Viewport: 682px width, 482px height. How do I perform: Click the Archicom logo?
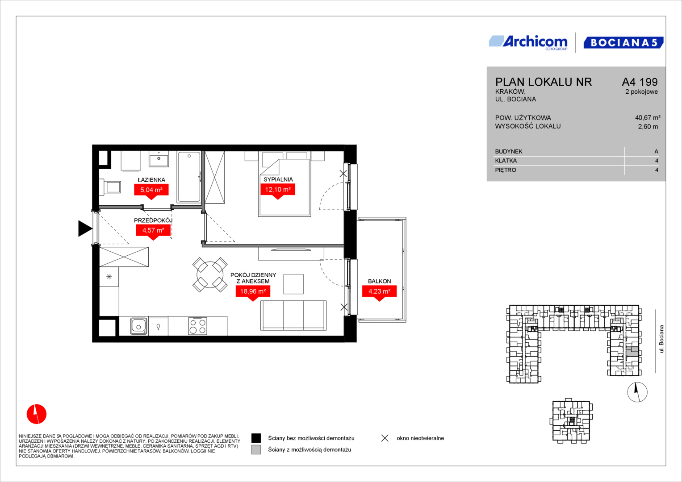pos(528,43)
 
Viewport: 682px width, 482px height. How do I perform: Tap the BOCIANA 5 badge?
pos(623,42)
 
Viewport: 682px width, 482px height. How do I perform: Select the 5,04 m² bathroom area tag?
pos(151,191)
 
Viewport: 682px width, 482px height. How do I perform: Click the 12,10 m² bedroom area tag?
pos(278,191)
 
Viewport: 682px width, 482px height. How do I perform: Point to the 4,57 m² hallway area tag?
pos(153,232)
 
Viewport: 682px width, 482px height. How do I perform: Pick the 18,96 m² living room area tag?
pos(253,293)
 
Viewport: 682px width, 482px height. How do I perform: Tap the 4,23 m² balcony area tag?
pos(379,293)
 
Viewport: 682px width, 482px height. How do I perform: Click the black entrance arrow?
pos(85,228)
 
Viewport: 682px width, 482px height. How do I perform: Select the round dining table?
pos(210,274)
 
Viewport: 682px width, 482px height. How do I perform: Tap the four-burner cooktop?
pos(197,326)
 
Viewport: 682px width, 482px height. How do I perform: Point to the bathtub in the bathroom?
pos(189,177)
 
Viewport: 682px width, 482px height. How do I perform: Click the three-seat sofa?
pos(293,315)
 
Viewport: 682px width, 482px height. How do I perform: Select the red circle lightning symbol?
pos(37,414)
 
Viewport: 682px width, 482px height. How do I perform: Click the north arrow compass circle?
pos(637,392)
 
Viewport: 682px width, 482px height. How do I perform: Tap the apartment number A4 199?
pos(640,82)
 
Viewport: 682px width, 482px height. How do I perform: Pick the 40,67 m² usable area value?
pos(648,117)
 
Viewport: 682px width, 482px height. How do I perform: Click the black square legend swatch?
pos(256,438)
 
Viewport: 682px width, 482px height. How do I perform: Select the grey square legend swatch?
pos(256,449)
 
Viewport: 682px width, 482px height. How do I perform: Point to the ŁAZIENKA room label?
pos(151,180)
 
